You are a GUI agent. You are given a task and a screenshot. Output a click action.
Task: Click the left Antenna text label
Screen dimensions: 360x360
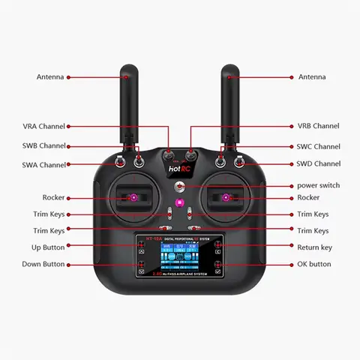click(50, 76)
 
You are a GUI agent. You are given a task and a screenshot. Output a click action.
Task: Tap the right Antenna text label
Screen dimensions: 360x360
click(312, 76)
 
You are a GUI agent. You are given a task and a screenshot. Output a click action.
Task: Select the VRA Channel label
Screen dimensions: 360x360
click(43, 126)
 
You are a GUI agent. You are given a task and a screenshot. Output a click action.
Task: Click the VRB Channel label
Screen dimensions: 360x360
click(318, 126)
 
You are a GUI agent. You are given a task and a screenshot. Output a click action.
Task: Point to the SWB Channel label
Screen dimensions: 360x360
click(43, 145)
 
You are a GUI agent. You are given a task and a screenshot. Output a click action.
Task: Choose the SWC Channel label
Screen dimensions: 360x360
click(318, 146)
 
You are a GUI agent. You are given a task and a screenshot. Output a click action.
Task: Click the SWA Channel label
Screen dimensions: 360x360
click(43, 164)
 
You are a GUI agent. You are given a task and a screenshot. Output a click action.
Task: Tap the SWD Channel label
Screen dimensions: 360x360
click(318, 163)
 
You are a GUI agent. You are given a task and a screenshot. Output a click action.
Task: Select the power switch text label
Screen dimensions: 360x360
click(318, 185)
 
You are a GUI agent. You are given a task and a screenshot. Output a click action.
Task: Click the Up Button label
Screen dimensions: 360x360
click(48, 247)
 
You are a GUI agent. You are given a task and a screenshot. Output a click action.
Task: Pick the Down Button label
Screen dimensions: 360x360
click(43, 264)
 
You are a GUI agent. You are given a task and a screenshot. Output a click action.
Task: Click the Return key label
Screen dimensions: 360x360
click(314, 247)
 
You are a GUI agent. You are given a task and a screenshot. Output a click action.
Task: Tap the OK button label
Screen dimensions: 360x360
click(313, 264)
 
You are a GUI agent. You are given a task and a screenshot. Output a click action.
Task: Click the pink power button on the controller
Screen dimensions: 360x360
click(180, 204)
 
